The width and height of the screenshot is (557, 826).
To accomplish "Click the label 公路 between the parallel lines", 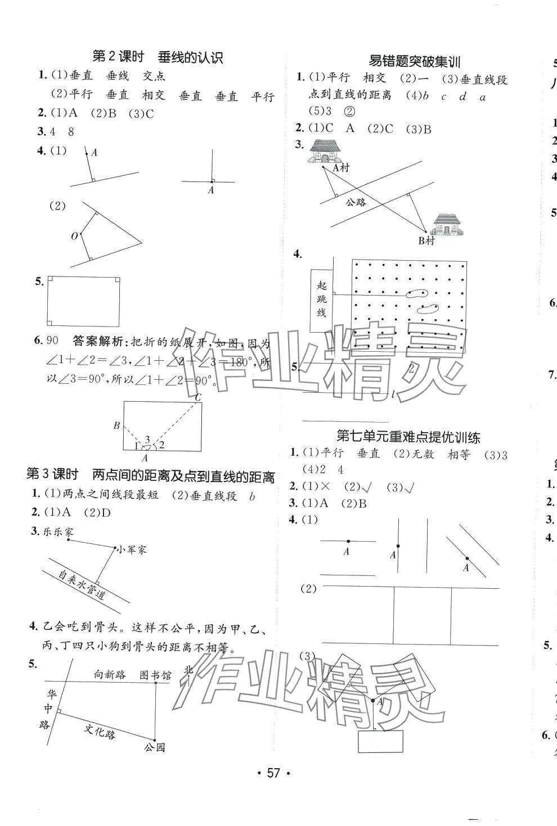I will [x=356, y=202].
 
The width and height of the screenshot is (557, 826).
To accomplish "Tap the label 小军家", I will [x=132, y=550].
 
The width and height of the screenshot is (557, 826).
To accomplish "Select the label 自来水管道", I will [x=82, y=584].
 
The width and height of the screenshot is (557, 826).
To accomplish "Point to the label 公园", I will [x=154, y=747].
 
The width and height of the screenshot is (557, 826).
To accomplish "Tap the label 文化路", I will [x=100, y=730].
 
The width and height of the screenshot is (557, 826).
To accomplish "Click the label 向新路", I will [x=109, y=674].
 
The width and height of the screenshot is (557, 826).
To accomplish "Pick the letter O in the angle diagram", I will [x=74, y=237].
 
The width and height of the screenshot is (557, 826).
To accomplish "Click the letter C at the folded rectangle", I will [x=197, y=398].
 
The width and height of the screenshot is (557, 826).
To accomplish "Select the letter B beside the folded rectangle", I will [x=116, y=425].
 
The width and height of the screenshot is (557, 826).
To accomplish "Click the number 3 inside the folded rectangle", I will [x=147, y=439].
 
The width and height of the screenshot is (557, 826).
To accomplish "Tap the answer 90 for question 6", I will [x=53, y=341].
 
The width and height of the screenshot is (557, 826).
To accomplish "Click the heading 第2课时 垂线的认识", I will [x=158, y=57].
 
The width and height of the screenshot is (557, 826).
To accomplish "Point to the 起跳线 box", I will [x=321, y=299].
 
